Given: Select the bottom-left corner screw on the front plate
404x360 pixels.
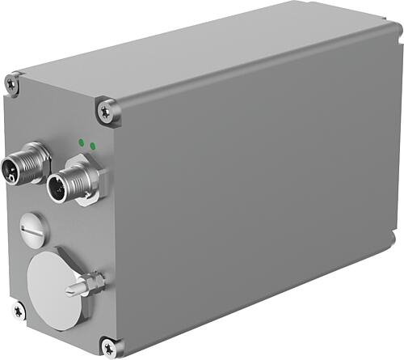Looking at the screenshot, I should click(18, 310).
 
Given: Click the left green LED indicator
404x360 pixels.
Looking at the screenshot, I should click(82, 142).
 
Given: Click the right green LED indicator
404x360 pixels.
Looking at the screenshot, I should click(93, 146).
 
